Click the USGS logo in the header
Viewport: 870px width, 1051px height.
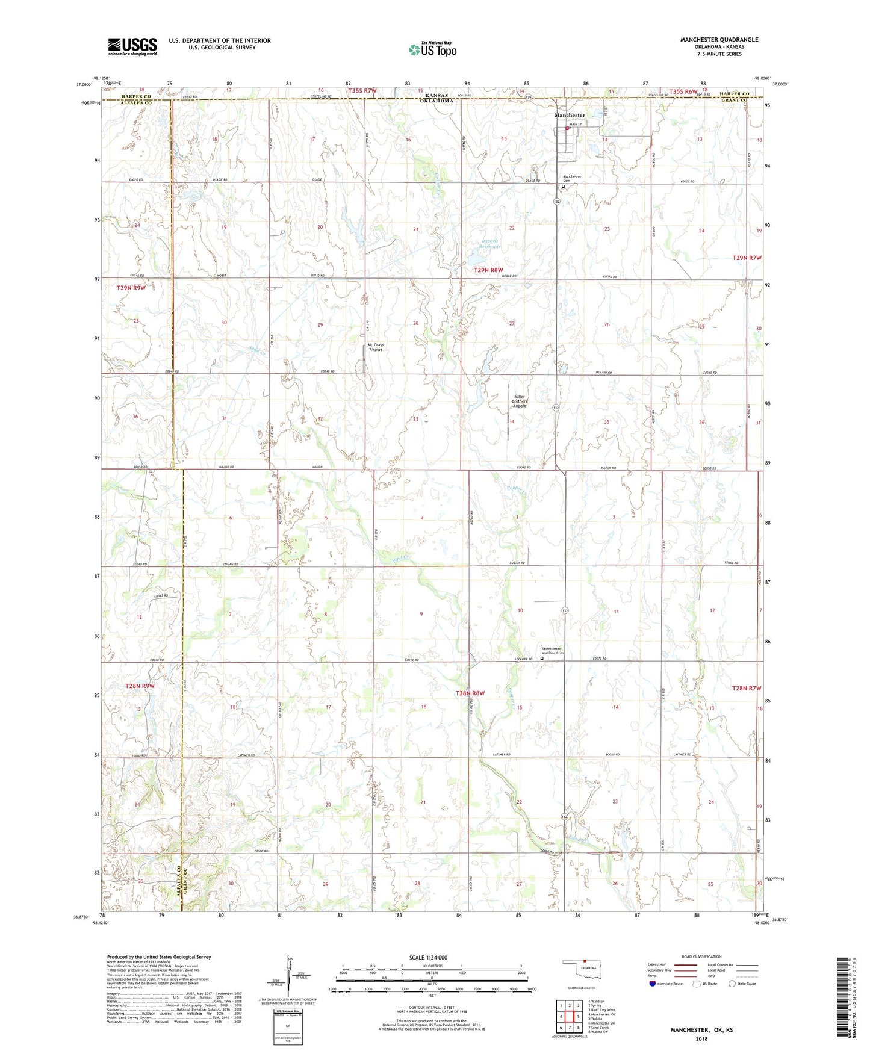point(132,46)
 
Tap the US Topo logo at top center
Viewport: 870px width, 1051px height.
point(432,49)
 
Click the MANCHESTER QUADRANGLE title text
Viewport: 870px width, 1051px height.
point(719,40)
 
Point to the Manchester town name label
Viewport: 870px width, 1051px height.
point(569,115)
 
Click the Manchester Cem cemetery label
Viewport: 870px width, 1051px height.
point(571,178)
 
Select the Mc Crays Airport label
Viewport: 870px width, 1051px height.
point(376,347)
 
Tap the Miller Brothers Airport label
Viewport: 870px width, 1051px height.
point(519,401)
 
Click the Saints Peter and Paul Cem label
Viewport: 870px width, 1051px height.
point(552,651)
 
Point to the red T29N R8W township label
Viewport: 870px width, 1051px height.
point(488,270)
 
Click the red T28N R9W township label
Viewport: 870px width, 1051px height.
point(140,686)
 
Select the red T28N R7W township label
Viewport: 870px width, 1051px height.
point(747,688)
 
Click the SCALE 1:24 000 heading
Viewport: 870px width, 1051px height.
point(427,957)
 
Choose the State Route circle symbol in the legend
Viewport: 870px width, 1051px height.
point(732,984)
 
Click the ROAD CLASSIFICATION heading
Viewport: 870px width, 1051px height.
point(701,956)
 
